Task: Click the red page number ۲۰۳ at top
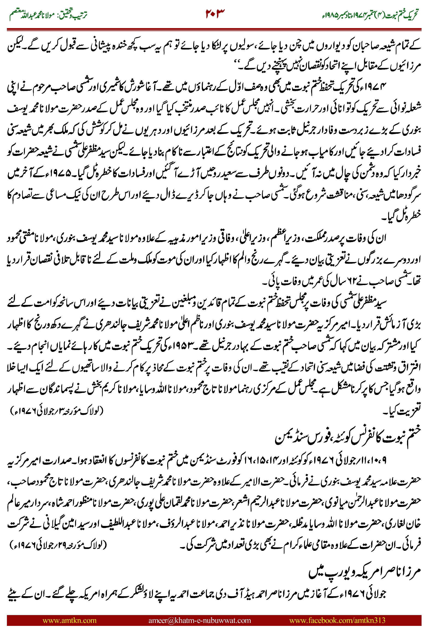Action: [x=215, y=14]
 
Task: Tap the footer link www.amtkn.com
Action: [x=70, y=620]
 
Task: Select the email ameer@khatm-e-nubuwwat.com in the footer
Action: [x=199, y=620]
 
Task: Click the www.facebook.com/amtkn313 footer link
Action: [x=337, y=620]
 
